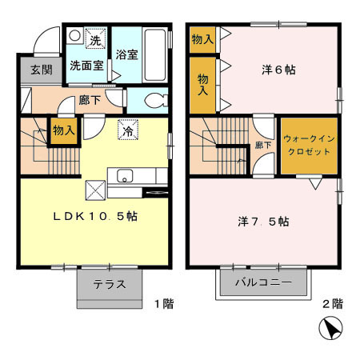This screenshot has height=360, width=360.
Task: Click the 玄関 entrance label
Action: (x=42, y=70)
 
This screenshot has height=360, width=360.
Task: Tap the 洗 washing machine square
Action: (x=94, y=40)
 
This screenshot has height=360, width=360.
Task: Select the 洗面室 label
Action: (x=86, y=65)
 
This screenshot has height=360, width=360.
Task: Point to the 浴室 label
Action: (x=126, y=56)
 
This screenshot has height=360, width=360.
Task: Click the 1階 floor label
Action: (x=163, y=304)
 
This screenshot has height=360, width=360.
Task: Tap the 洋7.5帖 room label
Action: (x=263, y=221)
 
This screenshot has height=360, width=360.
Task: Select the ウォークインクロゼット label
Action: (x=308, y=146)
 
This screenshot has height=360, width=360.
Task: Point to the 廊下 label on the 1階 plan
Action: (x=89, y=101)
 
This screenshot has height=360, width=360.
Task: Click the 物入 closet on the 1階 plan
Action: (x=63, y=130)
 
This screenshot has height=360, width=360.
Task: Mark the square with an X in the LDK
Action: (x=94, y=189)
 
